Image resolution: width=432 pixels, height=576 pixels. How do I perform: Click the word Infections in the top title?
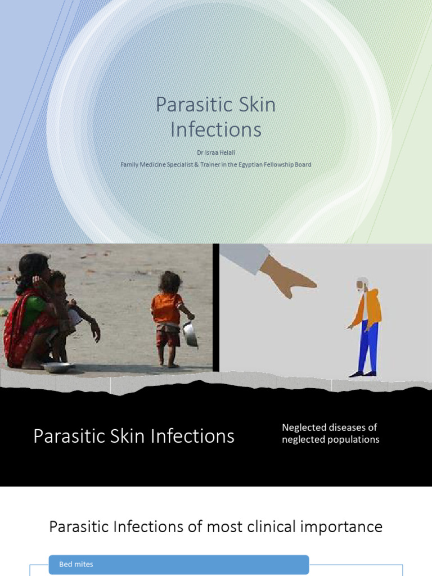pyautogui.click(x=216, y=129)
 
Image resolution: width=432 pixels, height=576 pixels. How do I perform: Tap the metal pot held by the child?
pyautogui.click(x=190, y=334)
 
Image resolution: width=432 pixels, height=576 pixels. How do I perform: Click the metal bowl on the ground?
pyautogui.click(x=57, y=367)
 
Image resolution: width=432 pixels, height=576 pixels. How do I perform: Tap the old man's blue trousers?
pyautogui.click(x=368, y=344)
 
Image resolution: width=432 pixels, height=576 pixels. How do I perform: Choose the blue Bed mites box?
pyautogui.click(x=179, y=564)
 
